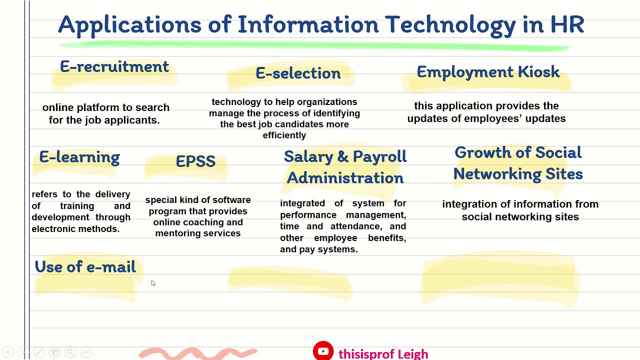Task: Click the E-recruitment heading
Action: click(x=114, y=67)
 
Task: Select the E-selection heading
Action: click(x=298, y=73)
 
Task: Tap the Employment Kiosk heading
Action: click(x=488, y=72)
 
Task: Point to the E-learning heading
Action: click(x=79, y=157)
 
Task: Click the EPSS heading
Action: click(x=195, y=161)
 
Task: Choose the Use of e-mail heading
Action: click(x=85, y=267)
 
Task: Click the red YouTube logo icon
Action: click(x=323, y=351)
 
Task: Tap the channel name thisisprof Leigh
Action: click(x=383, y=354)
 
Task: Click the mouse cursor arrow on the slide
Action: click(x=153, y=283)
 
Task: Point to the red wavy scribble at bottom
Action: click(x=198, y=353)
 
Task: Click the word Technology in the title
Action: click(x=450, y=25)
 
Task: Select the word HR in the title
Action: click(x=567, y=25)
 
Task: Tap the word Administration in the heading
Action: click(x=345, y=178)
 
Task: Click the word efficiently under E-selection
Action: click(x=284, y=135)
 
